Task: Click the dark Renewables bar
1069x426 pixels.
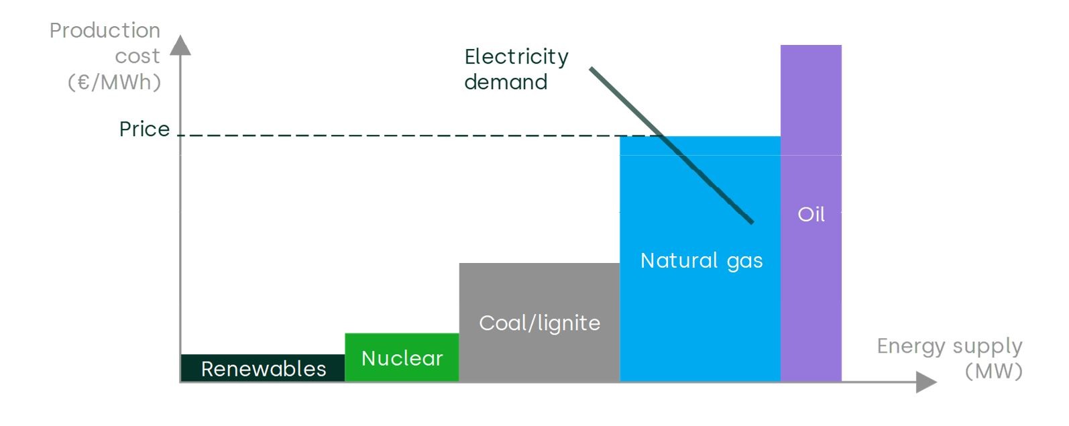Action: [x=263, y=368]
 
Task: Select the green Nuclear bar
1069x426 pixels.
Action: [x=402, y=357]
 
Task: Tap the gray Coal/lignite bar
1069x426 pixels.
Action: [x=539, y=322]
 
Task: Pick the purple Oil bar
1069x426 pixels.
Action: [x=811, y=213]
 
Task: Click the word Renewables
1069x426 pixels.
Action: [x=264, y=369]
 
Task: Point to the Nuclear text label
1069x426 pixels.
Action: [x=402, y=358]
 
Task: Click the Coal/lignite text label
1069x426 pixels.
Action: [x=540, y=323]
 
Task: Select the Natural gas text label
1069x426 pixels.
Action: [x=701, y=261]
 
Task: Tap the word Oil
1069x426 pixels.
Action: [x=811, y=215]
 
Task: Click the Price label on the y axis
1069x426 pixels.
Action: [x=145, y=129]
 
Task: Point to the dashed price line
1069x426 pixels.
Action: [x=419, y=136]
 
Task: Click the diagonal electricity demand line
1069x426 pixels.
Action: [x=671, y=145]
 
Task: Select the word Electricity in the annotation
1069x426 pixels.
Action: [x=516, y=57]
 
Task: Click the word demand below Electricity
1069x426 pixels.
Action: [x=506, y=82]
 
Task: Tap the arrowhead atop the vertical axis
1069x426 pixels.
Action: [x=180, y=45]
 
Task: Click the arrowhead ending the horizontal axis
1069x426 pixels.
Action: [x=927, y=382]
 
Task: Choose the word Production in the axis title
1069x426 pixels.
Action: [x=105, y=31]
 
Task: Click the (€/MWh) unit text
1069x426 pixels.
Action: [x=115, y=82]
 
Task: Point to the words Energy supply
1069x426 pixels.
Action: [x=950, y=346]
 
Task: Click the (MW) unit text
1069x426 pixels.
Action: [x=994, y=372]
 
